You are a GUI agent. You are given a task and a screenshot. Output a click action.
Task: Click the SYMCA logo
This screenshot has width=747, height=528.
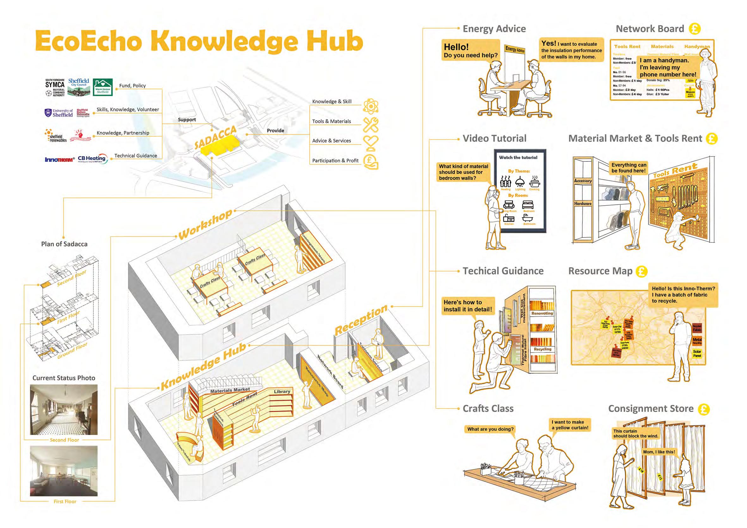[55, 87]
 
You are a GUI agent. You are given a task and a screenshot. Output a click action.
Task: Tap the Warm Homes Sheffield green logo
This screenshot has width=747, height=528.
[102, 87]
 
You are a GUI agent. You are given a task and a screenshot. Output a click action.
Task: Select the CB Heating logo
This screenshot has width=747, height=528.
[92, 159]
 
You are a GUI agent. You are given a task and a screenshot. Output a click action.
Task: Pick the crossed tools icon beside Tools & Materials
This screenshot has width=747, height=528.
[371, 125]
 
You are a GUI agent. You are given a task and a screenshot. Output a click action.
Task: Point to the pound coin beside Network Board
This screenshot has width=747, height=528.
[694, 29]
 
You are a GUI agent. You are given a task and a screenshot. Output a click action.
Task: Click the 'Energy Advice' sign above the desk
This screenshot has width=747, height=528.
[515, 49]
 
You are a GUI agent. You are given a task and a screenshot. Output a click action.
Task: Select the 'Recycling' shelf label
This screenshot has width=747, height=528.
[542, 349]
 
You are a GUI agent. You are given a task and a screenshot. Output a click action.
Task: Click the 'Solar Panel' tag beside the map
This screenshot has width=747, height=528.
[697, 353]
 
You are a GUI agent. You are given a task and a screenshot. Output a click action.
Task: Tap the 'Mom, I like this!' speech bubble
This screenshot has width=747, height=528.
[659, 452]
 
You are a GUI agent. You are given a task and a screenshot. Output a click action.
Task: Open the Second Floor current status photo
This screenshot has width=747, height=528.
[64, 410]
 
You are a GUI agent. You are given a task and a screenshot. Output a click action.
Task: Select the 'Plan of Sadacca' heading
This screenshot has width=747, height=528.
[64, 244]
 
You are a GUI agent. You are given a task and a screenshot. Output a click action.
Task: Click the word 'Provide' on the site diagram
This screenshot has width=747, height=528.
[275, 131]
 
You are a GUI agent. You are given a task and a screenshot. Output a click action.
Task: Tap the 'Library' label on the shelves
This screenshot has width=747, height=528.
[282, 392]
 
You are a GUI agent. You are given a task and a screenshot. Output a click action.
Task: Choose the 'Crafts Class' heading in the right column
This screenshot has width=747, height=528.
[488, 408]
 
